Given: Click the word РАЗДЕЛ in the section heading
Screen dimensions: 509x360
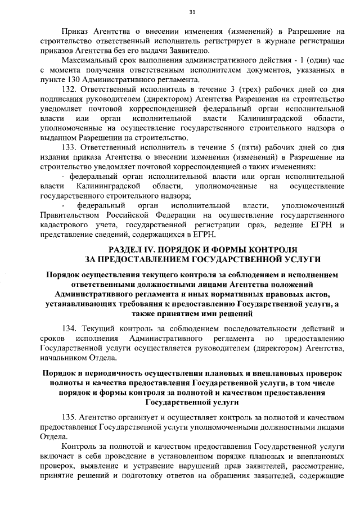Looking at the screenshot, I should tap(125, 249).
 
